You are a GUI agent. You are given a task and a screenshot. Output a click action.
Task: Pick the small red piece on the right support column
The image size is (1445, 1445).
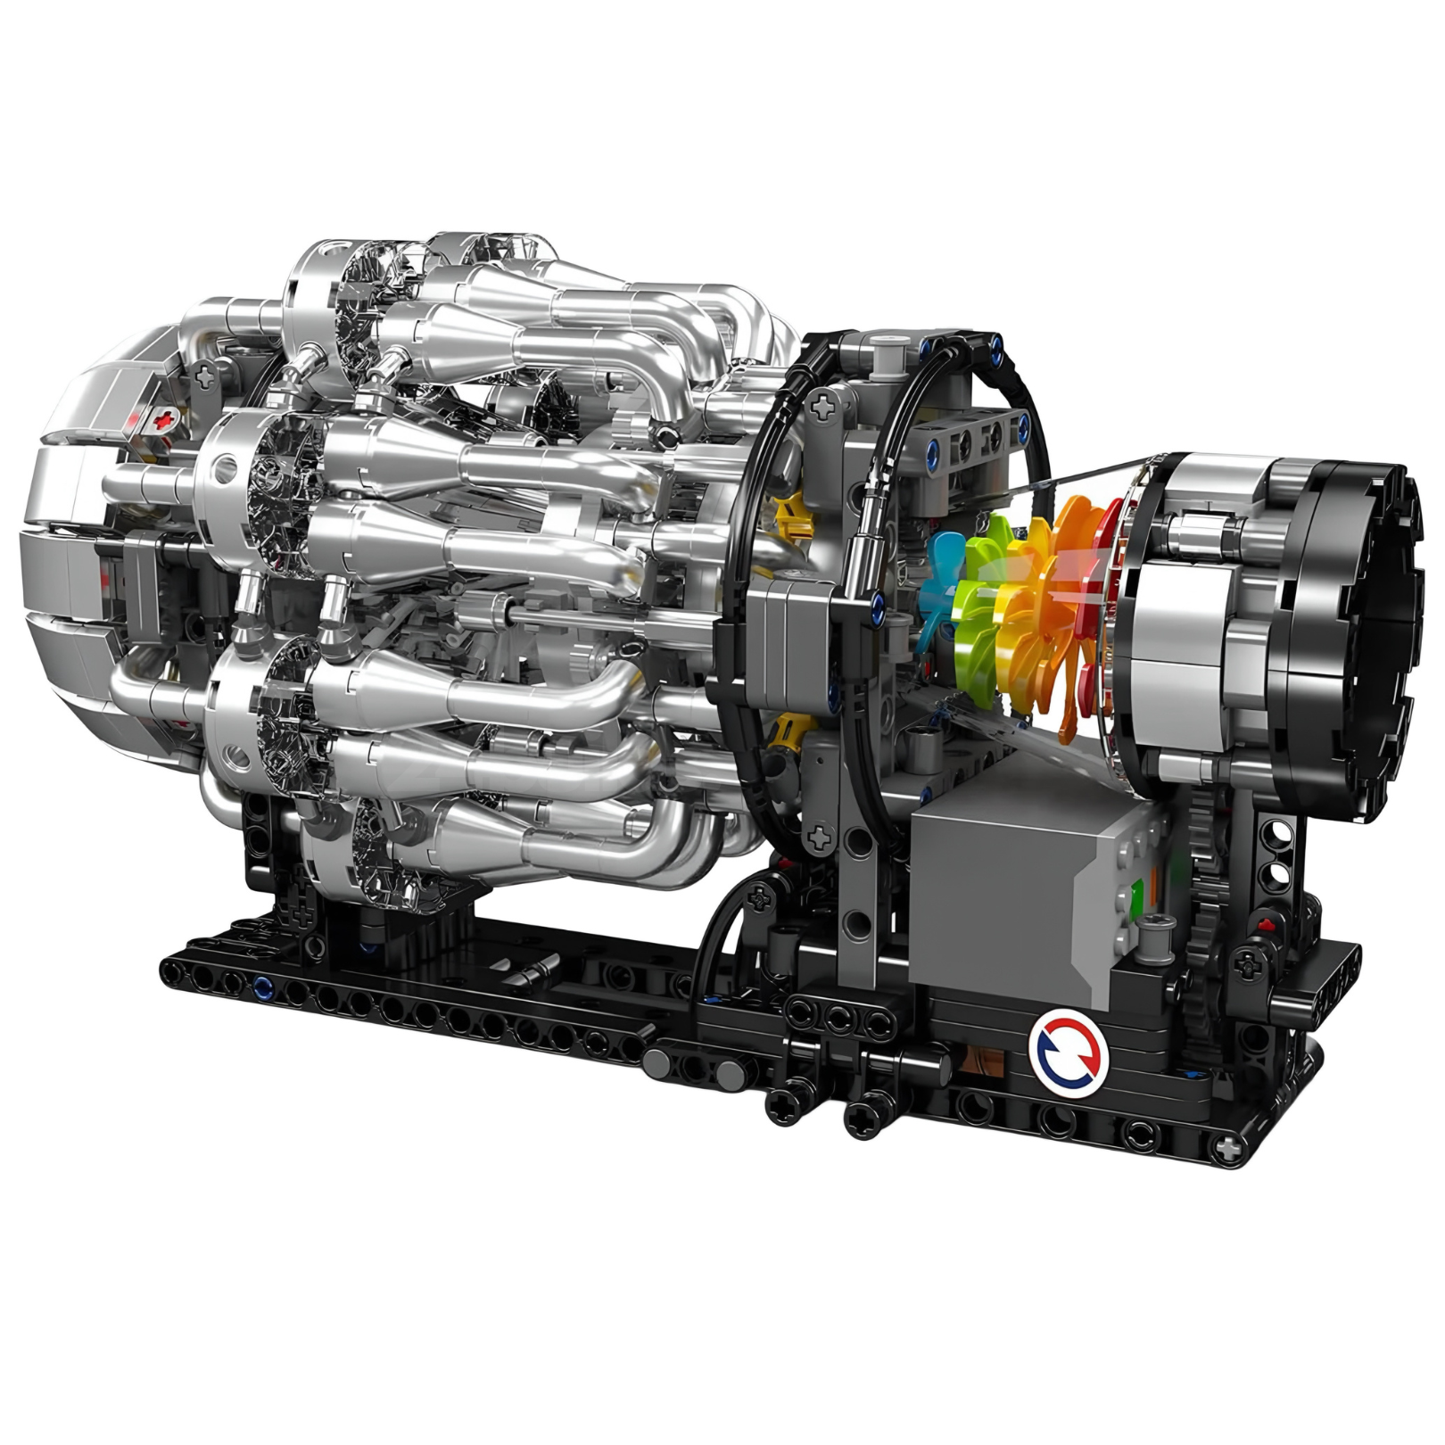pos(1265,921)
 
